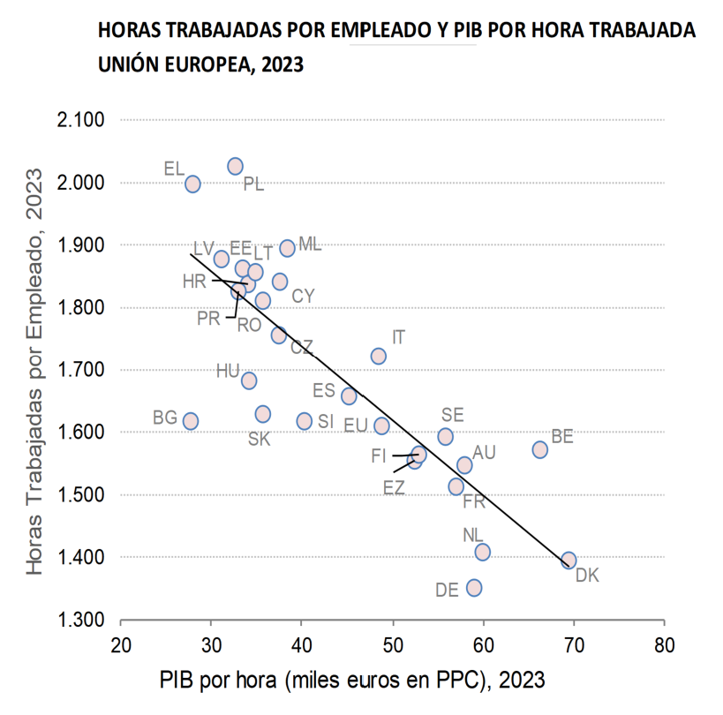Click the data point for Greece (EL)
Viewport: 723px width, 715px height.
pyautogui.click(x=192, y=184)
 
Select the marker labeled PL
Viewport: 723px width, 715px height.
pyautogui.click(x=235, y=166)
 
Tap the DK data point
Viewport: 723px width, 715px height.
pyautogui.click(x=569, y=560)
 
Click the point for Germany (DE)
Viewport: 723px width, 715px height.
pyautogui.click(x=474, y=587)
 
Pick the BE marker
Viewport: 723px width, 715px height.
pyautogui.click(x=540, y=449)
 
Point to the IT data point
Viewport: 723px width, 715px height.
pyautogui.click(x=378, y=356)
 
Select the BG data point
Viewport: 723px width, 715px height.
pyautogui.click(x=191, y=421)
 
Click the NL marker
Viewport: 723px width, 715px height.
pyautogui.click(x=482, y=552)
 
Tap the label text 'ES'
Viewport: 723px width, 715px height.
pyautogui.click(x=324, y=390)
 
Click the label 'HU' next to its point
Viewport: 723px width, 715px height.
pyautogui.click(x=228, y=371)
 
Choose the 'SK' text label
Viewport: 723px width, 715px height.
pyautogui.click(x=259, y=439)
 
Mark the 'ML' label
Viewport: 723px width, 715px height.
pyautogui.click(x=310, y=245)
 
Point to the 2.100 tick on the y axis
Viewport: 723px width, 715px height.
pyautogui.click(x=81, y=120)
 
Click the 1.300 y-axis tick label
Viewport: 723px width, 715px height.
pyautogui.click(x=81, y=620)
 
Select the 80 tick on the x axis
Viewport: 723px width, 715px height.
pyautogui.click(x=665, y=644)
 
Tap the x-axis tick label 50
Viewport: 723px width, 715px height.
pyautogui.click(x=393, y=644)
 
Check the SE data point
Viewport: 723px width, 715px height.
pyautogui.click(x=445, y=436)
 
